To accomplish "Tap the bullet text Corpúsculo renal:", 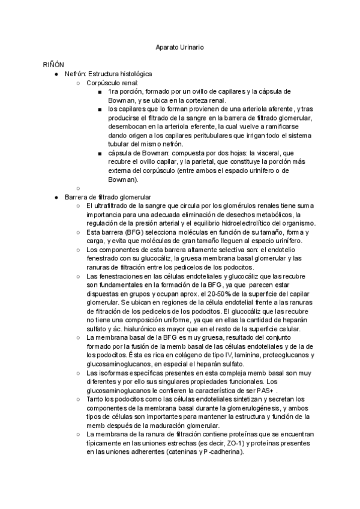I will (x=113, y=82).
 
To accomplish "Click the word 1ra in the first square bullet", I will (x=115, y=91).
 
